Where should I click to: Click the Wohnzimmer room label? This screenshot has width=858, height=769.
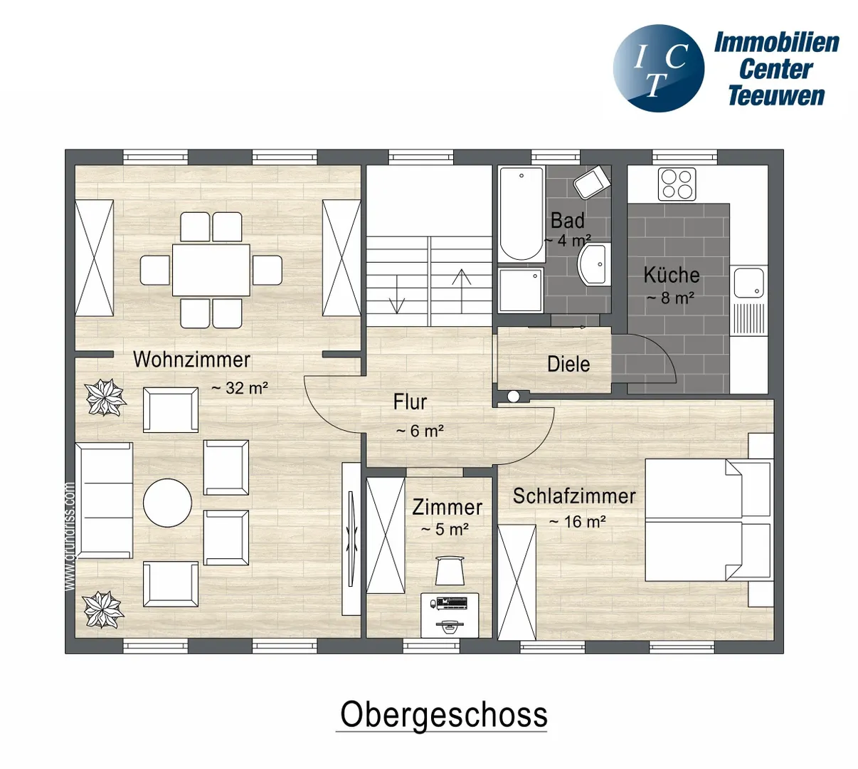coord(191,360)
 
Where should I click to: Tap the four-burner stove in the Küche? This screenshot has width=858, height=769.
coord(677,184)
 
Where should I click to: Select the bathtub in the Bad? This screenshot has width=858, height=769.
coord(521,214)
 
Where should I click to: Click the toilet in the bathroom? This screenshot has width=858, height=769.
coord(592,182)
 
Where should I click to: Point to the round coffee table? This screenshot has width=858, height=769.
coord(167,503)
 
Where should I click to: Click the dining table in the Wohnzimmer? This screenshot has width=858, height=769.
coord(211,270)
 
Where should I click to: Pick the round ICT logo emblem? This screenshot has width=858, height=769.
coord(659,68)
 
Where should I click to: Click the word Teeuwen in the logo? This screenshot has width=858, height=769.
coord(776,96)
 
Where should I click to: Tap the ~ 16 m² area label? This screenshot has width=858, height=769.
coord(577,521)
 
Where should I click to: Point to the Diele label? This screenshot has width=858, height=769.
coord(568,364)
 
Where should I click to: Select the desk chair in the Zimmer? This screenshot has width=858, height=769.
coord(450,570)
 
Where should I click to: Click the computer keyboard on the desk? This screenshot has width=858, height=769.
coord(452,602)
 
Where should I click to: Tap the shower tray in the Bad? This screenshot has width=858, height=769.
coord(521,290)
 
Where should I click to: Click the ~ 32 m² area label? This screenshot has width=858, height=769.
coord(240,388)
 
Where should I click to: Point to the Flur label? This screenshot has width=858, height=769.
coord(410,402)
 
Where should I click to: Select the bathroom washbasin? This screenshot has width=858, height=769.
coord(593,264)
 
